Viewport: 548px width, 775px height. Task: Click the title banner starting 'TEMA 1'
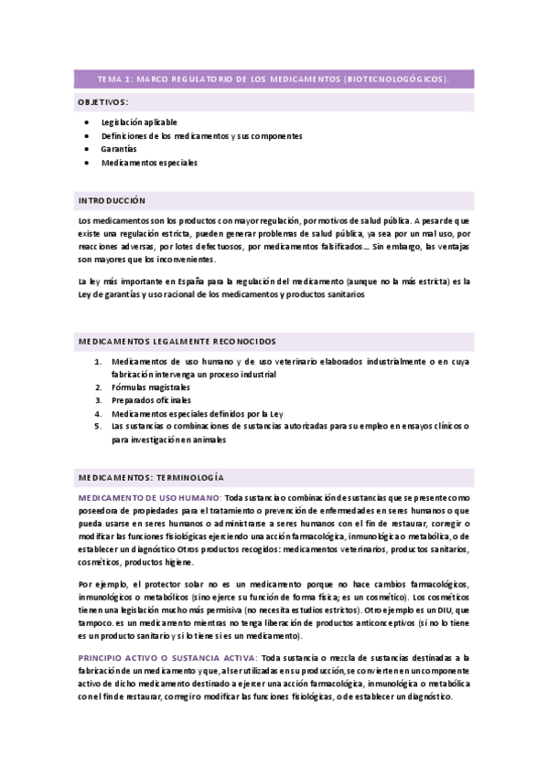[x=274, y=80]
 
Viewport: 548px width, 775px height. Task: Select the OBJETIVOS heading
[x=103, y=101]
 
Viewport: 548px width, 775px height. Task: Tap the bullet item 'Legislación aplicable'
[x=139, y=122]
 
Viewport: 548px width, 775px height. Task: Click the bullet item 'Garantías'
[x=119, y=148]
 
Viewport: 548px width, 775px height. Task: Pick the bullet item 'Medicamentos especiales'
[x=149, y=162]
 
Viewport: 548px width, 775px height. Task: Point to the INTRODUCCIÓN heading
[x=112, y=200]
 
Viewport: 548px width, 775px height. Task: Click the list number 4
[x=100, y=413]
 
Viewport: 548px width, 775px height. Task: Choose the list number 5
[x=100, y=426]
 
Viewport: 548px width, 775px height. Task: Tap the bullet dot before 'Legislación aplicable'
[x=85, y=122]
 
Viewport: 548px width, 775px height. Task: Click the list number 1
[x=100, y=361]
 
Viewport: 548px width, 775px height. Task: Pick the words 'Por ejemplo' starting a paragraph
[x=101, y=584]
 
